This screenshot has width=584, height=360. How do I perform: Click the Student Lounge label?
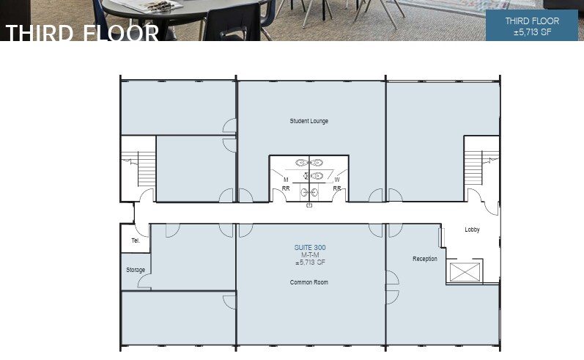pos(308,121)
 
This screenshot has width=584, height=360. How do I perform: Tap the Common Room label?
pos(308,282)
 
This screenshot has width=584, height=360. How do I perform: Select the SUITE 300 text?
pos(308,248)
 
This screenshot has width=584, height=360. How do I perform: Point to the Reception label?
pos(424,259)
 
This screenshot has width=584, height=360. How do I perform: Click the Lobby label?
pos(472,229)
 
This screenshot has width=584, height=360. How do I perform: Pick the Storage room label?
pos(135,270)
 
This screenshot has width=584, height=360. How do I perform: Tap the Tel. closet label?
pos(135,240)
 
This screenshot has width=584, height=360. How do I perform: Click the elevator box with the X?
pos(463,272)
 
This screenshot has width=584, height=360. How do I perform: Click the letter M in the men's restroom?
pos(286,179)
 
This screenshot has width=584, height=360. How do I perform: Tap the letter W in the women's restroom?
pos(337,179)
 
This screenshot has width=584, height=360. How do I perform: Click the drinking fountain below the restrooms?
pos(309,206)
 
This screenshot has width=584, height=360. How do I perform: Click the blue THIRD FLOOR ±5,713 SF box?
pos(531,26)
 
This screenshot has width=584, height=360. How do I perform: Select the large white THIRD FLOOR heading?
pos(82,33)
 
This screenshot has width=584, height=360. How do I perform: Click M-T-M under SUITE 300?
pos(308,255)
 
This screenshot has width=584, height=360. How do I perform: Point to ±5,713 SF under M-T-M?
pos(308,262)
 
